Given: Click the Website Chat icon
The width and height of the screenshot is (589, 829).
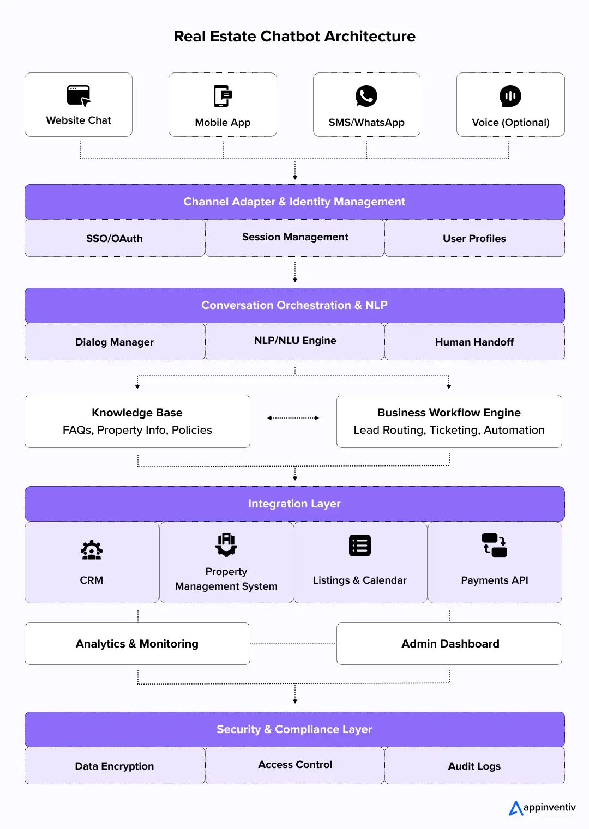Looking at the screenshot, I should tap(79, 95).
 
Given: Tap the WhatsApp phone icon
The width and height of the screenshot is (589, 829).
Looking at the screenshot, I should tap(366, 96).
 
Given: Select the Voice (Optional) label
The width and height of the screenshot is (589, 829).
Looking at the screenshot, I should tap(510, 123).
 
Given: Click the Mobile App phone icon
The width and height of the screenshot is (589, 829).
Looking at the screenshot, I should tap(223, 96).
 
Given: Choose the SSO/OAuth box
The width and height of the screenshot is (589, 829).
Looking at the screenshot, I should tap(115, 238).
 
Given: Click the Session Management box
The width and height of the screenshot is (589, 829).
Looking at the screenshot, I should tap(295, 238).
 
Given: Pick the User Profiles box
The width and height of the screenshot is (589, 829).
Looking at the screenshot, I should tap(474, 238).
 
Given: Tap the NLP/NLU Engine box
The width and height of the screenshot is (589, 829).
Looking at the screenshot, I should tap(295, 341).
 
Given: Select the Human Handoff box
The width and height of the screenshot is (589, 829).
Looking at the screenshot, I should tap(474, 342).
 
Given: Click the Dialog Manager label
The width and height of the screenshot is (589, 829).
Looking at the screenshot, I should tap(115, 342).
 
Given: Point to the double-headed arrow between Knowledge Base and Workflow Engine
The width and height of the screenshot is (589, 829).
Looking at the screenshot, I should tap(293, 418).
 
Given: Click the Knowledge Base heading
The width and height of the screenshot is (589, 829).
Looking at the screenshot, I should tap(137, 413).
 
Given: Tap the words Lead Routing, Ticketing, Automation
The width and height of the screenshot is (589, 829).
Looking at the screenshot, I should tap(449, 430).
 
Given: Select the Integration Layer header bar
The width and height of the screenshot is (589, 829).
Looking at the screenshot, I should tap(294, 504).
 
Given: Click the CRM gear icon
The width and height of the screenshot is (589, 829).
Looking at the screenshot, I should tap(92, 550).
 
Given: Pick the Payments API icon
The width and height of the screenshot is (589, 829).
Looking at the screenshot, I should tap(495, 545).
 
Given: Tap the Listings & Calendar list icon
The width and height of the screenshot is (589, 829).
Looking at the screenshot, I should tap(360, 546).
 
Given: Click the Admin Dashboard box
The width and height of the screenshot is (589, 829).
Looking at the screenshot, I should tap(449, 644).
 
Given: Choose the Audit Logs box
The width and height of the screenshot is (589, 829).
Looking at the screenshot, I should tap(474, 766).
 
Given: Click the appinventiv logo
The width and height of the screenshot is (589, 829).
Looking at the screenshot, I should tap(542, 807).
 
